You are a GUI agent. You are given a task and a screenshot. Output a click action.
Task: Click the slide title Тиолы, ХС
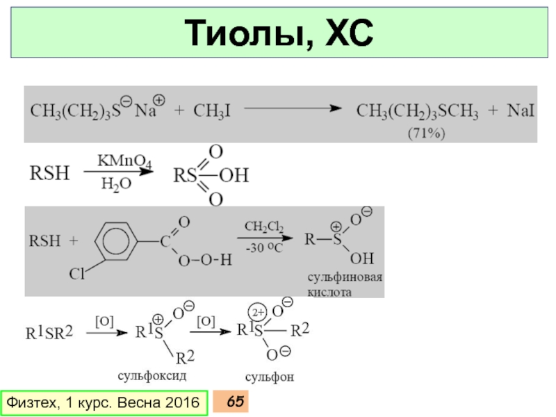(277, 33)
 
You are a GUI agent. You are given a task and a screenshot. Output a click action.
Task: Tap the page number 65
(235, 402)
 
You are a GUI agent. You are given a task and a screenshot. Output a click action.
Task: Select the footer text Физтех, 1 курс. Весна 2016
(105, 402)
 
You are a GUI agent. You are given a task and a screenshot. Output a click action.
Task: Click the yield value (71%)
(425, 132)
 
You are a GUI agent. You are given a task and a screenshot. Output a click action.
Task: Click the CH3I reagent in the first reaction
(212, 111)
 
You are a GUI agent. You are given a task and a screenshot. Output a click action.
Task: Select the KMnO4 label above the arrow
(120, 161)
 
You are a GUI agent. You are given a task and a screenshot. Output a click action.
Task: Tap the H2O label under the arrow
(115, 184)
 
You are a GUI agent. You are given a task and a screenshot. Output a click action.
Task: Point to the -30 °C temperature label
(264, 247)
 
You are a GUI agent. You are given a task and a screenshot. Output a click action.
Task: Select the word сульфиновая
(345, 278)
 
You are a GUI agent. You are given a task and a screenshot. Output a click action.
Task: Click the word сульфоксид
(153, 375)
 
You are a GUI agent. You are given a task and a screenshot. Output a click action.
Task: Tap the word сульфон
(270, 377)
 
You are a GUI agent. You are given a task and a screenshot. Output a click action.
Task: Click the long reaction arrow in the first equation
(292, 109)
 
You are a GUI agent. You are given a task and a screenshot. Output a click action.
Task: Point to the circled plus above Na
(158, 100)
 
